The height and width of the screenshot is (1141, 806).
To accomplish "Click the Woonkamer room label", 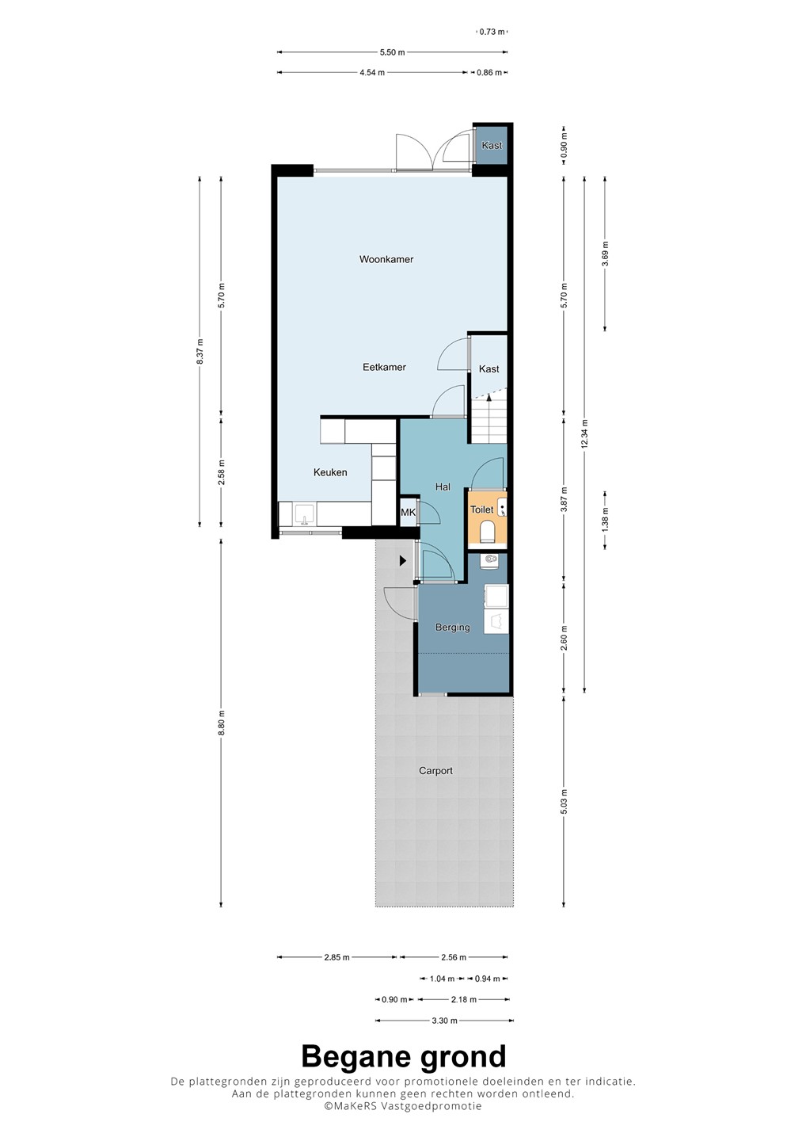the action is pos(386,259).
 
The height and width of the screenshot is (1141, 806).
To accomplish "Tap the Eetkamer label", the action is pos(384,367).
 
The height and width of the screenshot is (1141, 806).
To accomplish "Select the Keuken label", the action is pos(330,472).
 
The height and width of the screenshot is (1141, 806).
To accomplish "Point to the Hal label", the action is pos(443,487).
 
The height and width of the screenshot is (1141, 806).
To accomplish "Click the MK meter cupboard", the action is pos(408,513).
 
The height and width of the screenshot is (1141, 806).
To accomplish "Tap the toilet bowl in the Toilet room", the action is pos(487,530).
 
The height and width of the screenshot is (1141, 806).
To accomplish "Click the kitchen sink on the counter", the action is pos(305,514).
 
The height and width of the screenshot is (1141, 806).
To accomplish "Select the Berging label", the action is pos(452,627).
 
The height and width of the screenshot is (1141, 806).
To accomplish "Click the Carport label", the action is pos(435,771).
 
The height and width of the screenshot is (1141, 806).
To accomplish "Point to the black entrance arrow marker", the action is pos(402,561).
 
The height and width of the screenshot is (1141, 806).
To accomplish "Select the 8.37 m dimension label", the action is pos(200,352).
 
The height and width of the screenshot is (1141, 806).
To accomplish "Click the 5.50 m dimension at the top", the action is pos(393,52).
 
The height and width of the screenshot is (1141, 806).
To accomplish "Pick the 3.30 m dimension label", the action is pos(444,1021).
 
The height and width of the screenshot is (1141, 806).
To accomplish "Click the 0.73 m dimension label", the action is pos(492,32).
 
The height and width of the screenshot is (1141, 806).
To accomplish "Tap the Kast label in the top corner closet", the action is pos(492,145).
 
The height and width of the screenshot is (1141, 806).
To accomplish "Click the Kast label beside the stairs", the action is pos(489,368).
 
